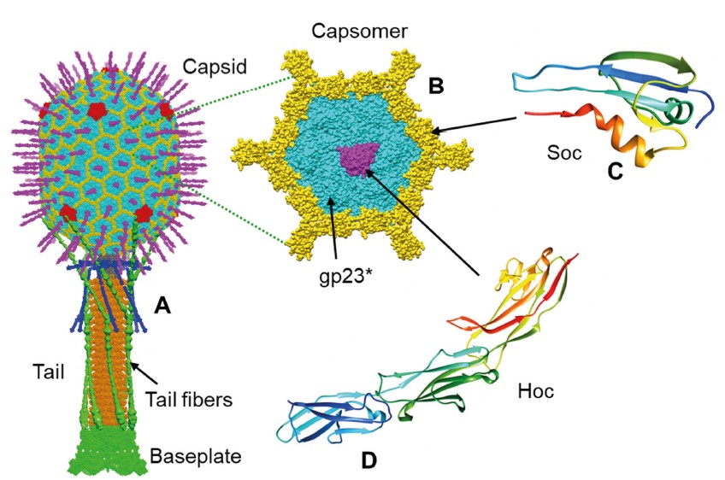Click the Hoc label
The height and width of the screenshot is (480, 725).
coord(535,392)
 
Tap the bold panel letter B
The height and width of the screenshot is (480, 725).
coord(435,85)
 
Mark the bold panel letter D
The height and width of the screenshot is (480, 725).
coord(368,460)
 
